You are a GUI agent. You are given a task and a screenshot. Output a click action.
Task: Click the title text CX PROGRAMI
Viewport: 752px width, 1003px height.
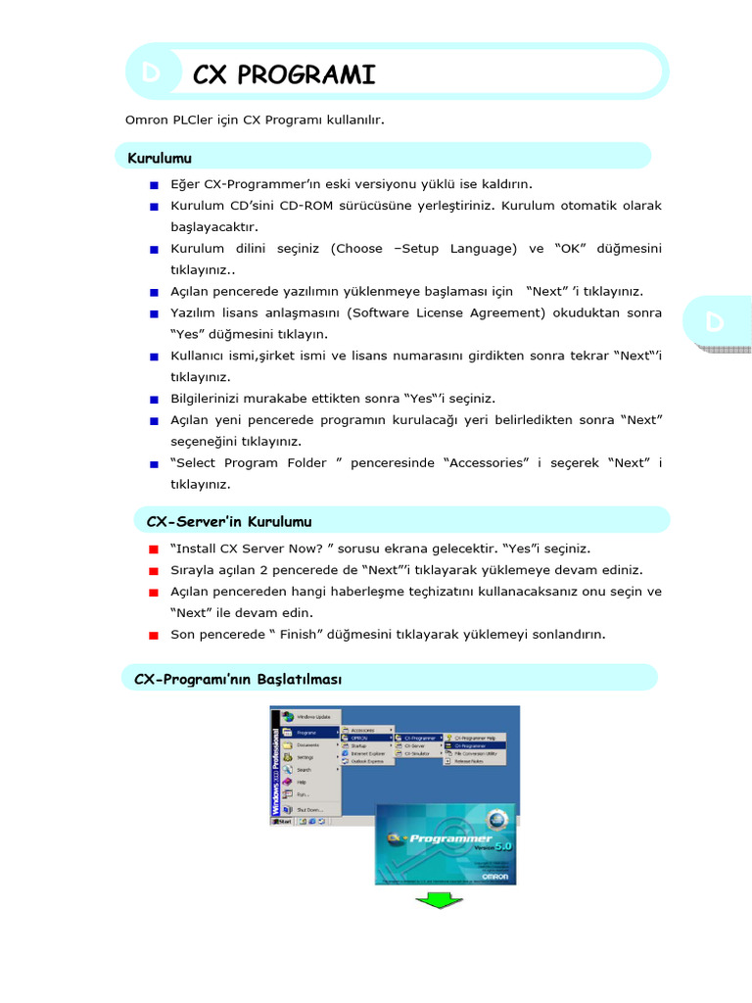coord(284,74)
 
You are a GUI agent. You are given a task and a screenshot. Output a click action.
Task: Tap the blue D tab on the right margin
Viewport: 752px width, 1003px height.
coord(715,322)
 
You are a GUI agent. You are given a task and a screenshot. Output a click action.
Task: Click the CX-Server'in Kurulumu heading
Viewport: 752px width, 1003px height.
coord(228,521)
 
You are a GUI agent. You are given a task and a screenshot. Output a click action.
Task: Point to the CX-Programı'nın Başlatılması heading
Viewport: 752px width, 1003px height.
coord(238,678)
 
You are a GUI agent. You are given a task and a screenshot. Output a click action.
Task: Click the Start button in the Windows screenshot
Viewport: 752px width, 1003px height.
coord(284,822)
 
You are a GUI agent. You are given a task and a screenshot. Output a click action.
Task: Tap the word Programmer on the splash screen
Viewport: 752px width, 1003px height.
coord(451,838)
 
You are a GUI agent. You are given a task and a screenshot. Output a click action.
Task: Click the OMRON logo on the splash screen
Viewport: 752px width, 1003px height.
coord(493,875)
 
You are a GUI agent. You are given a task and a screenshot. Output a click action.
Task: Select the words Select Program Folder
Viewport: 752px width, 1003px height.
coord(252,462)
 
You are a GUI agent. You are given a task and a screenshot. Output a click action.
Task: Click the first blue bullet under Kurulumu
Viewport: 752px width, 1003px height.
coord(155,185)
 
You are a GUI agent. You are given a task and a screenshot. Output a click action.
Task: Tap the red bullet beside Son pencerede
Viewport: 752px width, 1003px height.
coord(155,635)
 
